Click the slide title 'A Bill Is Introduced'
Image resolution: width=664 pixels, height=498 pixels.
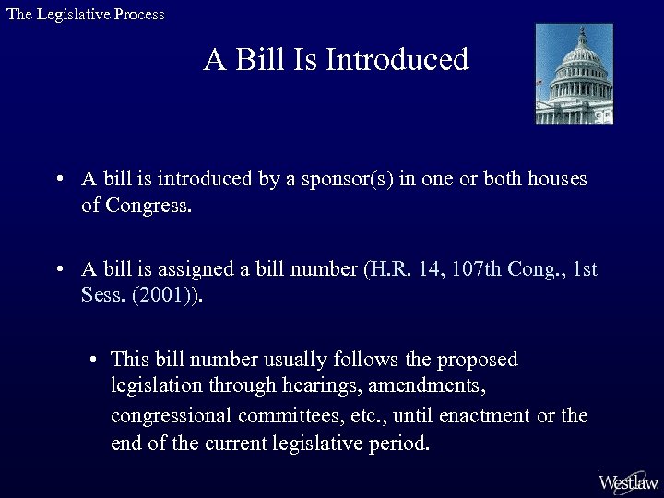coord(337,61)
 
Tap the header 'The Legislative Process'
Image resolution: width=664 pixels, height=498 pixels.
coord(85,15)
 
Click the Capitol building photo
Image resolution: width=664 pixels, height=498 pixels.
coord(574,74)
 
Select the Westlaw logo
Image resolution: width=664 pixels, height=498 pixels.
coord(628,482)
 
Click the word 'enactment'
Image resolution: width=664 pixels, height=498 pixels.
coord(484,415)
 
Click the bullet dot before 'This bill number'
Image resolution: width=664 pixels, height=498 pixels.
coord(94,360)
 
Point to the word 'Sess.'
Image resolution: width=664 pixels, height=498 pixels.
coord(101,297)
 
